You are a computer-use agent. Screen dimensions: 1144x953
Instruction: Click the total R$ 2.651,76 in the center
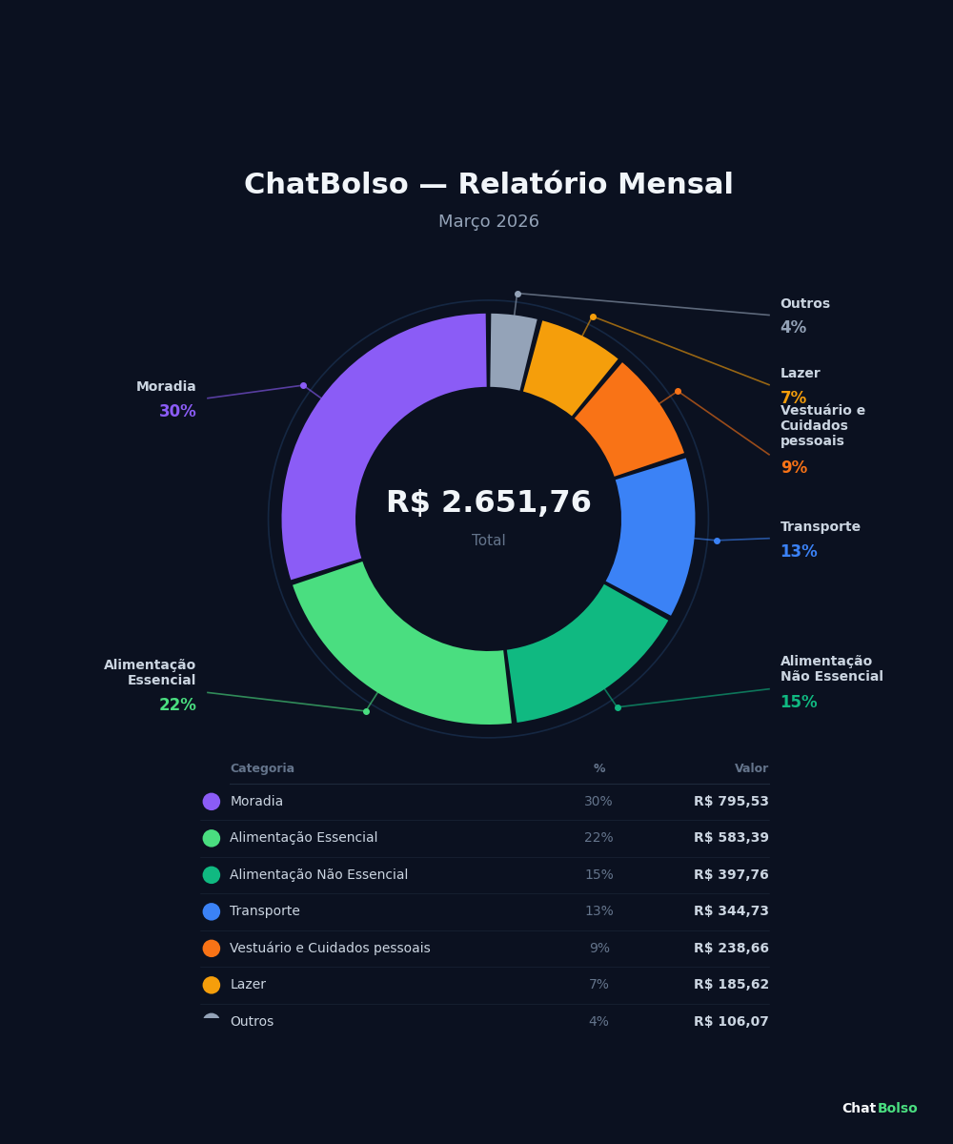pyautogui.click(x=488, y=503)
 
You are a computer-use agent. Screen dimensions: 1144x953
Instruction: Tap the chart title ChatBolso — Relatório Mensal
pyautogui.click(x=488, y=185)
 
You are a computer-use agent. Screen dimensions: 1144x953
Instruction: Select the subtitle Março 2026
pyautogui.click(x=488, y=222)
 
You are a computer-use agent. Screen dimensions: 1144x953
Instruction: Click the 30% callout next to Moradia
pyautogui.click(x=177, y=412)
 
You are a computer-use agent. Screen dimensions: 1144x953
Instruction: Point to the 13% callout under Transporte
pyautogui.click(x=799, y=552)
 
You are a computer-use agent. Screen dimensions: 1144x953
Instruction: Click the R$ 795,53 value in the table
pyautogui.click(x=731, y=802)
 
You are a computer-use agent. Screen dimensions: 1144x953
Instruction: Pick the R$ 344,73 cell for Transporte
pyautogui.click(x=731, y=911)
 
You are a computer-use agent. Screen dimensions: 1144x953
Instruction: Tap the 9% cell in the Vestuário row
pyautogui.click(x=598, y=949)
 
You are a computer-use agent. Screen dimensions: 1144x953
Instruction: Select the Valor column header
pyautogui.click(x=751, y=768)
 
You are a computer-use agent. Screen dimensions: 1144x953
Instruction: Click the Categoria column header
pyautogui.click(x=262, y=768)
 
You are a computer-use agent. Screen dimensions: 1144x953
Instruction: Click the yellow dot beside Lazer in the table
pyautogui.click(x=212, y=985)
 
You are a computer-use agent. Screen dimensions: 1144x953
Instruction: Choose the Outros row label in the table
pyautogui.click(x=252, y=1022)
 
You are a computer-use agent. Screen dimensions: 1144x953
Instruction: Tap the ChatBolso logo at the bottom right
pyautogui.click(x=879, y=1109)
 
